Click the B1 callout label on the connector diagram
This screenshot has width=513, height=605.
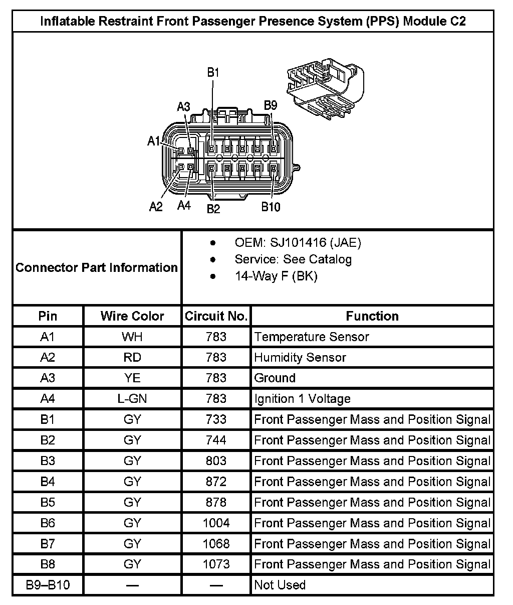(213, 73)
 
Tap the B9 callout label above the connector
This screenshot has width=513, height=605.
(271, 105)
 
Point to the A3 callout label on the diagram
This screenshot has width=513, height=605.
(184, 107)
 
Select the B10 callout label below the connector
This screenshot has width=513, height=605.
(271, 207)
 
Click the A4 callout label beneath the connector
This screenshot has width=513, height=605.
(184, 206)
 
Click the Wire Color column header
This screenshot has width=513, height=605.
(132, 316)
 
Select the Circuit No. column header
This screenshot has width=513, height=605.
(216, 316)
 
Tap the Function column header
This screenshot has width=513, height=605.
(372, 316)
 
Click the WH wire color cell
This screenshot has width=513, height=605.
(132, 337)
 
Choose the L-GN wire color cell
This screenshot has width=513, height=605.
(132, 399)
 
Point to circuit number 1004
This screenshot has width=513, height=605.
(216, 523)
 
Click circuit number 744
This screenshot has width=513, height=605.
(216, 440)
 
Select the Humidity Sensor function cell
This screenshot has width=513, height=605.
(300, 358)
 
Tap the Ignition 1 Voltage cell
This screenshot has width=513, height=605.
(302, 399)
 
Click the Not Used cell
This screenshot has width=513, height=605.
(280, 585)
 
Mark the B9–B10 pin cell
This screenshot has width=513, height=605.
(48, 585)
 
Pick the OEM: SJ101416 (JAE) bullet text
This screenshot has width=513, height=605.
(298, 243)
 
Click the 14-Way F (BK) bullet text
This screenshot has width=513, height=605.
(276, 276)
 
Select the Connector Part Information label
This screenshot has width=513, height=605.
(97, 267)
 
